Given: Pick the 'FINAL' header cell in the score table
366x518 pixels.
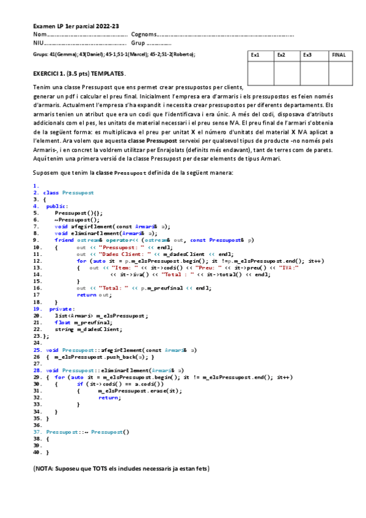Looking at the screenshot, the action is click(339, 55).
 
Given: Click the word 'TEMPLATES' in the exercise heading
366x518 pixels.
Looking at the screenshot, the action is click(109, 74).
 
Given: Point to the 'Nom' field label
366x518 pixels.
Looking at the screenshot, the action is click(39, 35).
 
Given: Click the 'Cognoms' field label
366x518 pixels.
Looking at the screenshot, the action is click(144, 35).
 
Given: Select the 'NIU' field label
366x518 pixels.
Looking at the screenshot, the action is click(38, 43).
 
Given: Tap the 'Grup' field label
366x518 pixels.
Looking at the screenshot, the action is click(139, 43).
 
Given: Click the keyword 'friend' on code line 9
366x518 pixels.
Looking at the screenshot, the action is click(64, 240).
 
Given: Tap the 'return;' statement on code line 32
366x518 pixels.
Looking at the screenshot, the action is click(110, 397).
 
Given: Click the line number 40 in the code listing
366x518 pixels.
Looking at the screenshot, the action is click(37, 453).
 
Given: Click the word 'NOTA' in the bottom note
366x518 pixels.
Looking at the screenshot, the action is click(44, 469).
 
